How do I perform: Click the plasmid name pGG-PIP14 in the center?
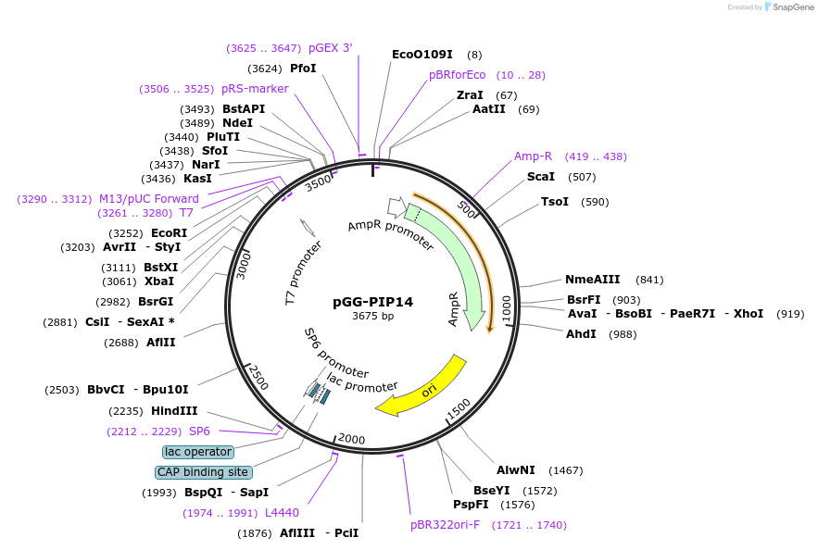click(373, 301)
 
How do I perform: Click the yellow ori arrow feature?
click(422, 388)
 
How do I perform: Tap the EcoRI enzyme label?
click(169, 233)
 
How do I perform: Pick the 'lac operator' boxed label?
click(197, 452)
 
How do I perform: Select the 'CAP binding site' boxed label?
click(203, 472)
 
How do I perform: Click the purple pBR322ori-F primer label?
click(445, 525)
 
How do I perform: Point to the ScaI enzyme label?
click(541, 177)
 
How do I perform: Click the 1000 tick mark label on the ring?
click(507, 309)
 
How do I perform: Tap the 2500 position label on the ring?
click(258, 377)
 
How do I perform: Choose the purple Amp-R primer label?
click(533, 156)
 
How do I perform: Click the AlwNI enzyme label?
click(516, 470)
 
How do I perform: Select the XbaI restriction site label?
click(159, 281)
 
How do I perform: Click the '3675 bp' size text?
click(373, 316)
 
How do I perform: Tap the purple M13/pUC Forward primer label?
click(149, 199)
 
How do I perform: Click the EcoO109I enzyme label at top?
click(422, 55)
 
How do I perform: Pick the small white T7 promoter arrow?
click(308, 227)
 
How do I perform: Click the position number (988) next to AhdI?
click(623, 334)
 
